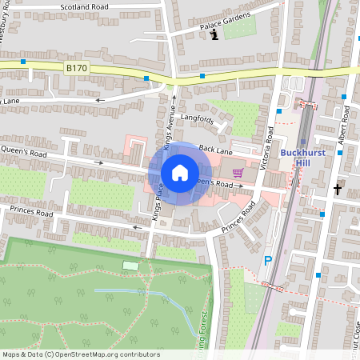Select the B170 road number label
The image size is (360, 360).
tap(77, 70)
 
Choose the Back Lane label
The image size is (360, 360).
tap(215, 150)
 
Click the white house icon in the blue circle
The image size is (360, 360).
tap(180, 173)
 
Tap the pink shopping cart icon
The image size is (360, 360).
tap(237, 172)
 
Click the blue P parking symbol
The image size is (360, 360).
tap(268, 260)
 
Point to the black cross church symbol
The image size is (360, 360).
tap(338, 190)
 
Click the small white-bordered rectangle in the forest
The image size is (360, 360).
tap(130, 265)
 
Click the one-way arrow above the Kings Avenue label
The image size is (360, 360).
tap(174, 101)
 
